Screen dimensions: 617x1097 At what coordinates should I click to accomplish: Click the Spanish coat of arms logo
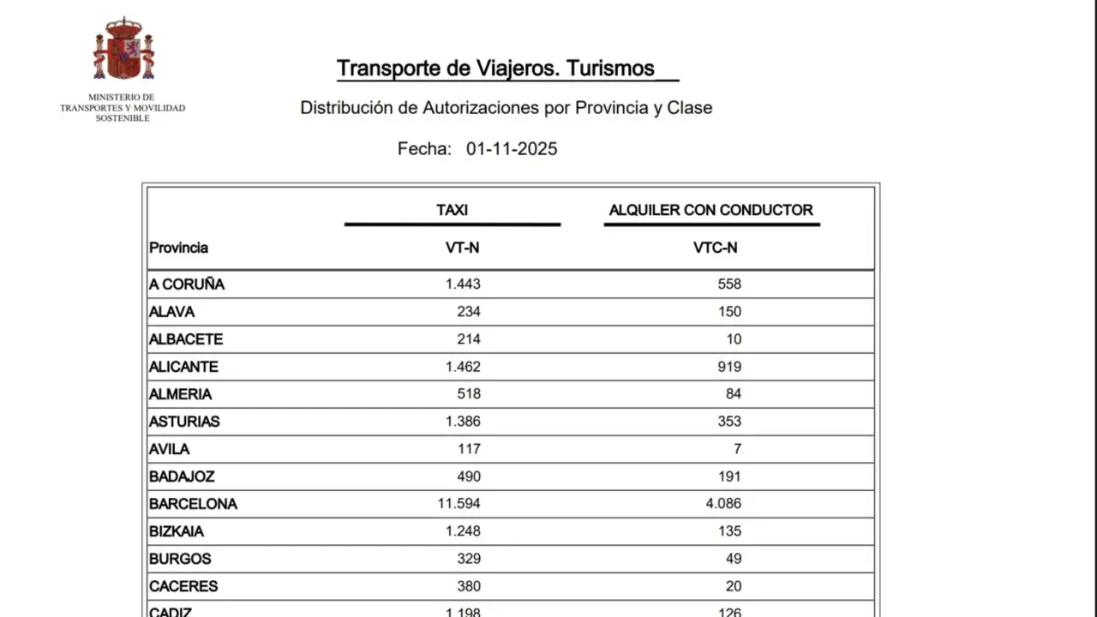[x=123, y=50]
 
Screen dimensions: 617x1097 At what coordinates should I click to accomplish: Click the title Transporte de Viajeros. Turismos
[x=495, y=69]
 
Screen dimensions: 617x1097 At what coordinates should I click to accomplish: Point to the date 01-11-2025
[x=512, y=149]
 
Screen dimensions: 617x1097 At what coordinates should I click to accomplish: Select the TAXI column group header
[x=452, y=210]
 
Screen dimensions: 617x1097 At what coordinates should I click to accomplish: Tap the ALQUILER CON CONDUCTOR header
[x=710, y=210]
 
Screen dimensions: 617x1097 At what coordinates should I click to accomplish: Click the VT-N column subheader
[x=462, y=248]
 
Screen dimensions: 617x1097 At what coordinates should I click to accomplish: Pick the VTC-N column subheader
[x=715, y=248]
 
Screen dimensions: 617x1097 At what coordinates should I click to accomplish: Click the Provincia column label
[x=178, y=248]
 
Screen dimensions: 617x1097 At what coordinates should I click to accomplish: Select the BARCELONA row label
[x=193, y=504]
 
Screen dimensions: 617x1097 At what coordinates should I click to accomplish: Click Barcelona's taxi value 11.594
[x=459, y=504]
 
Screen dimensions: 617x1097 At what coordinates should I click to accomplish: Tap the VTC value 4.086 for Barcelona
[x=723, y=504]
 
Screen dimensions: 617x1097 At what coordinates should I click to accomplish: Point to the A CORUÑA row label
[x=186, y=285]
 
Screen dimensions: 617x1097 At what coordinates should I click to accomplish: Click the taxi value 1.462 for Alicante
[x=463, y=367]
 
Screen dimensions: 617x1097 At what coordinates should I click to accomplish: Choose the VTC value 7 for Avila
[x=737, y=449]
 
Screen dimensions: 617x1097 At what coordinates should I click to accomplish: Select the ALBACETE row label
[x=185, y=339]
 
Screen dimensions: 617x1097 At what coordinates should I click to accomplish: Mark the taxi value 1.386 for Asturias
[x=463, y=422]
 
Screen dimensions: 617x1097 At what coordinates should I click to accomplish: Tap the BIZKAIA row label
[x=176, y=531]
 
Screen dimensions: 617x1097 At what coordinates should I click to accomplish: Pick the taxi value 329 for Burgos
[x=468, y=559]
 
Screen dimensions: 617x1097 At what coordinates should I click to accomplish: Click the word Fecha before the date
[x=424, y=149]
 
